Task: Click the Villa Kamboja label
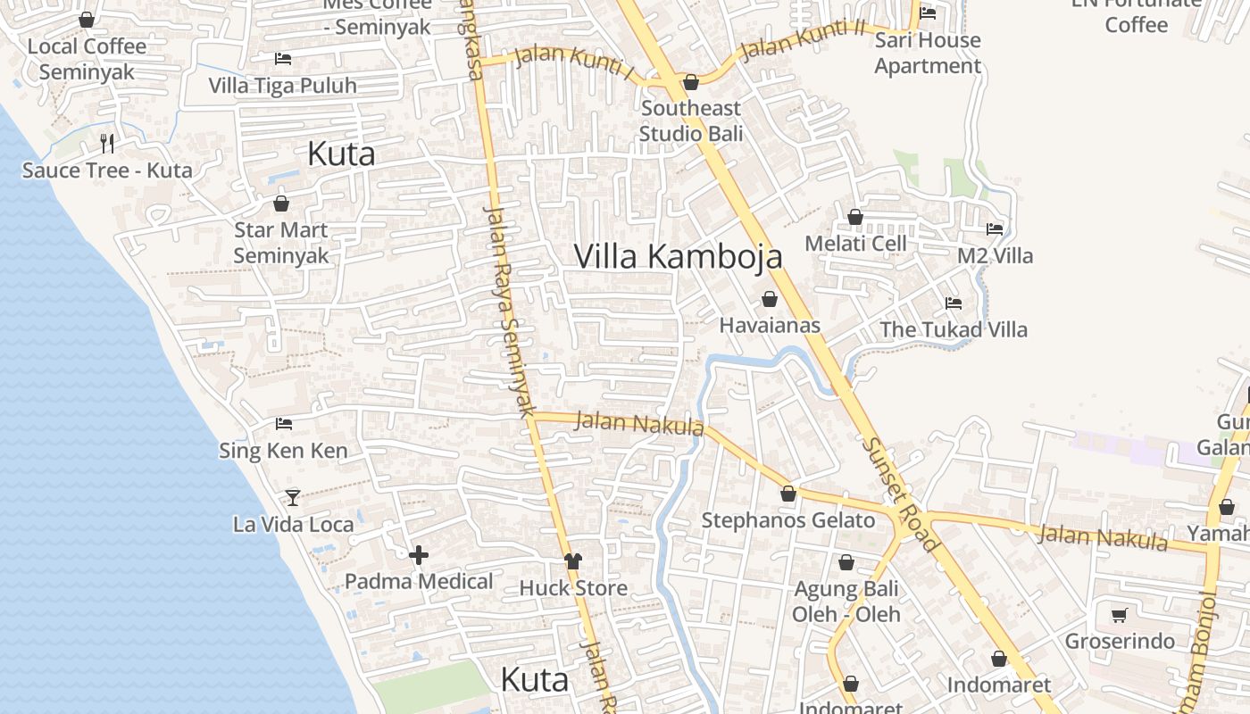point(678,256)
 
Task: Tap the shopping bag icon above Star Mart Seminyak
point(281,203)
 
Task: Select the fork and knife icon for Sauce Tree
point(107,143)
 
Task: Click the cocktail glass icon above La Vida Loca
point(293,497)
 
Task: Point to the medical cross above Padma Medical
point(418,556)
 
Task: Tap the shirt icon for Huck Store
point(573,561)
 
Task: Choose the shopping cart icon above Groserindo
point(1119,615)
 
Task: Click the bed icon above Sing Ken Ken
point(284,424)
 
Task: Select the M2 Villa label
point(995,256)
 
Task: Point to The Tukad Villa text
point(954,329)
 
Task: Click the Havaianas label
point(770,325)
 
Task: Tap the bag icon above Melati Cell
point(855,217)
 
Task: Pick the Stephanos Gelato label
point(788,520)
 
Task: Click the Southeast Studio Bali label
point(690,120)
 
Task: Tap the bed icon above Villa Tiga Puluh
point(283,59)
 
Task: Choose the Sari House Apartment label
point(928,53)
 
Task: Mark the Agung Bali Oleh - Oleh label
point(846,602)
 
